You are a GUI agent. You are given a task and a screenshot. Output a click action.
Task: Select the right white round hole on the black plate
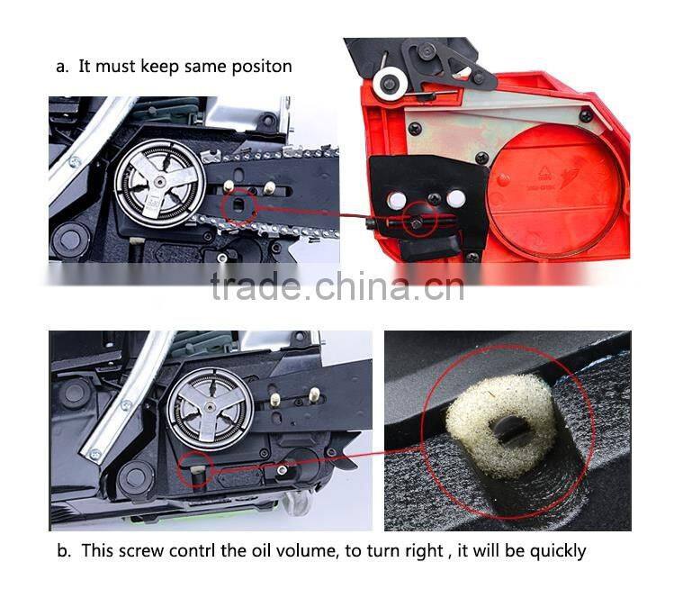click(x=455, y=199)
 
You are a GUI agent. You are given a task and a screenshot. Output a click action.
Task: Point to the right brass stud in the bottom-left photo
click(x=314, y=394)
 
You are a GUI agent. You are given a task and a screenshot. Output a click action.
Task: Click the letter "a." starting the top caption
click(x=61, y=65)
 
